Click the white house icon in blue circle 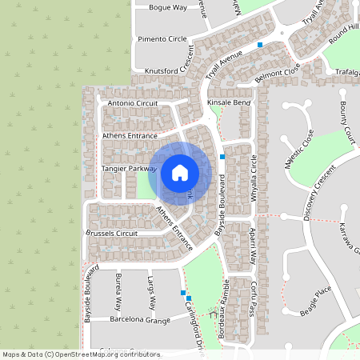point(180,172)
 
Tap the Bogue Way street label point(167,7)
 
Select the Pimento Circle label point(162,38)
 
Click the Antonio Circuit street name point(133,102)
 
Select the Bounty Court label point(346,119)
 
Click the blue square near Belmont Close point(260,46)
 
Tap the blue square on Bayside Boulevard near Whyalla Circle point(222,157)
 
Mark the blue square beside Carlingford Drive point(183,294)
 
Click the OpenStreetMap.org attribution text point(95,354)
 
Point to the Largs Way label point(150,292)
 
